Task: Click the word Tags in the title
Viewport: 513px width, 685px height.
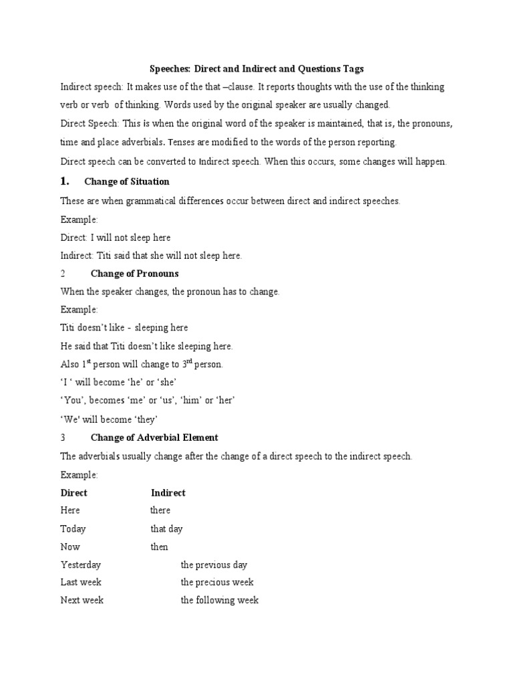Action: [x=352, y=69]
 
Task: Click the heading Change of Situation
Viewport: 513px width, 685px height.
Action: [x=127, y=182]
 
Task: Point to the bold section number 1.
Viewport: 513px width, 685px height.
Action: [x=65, y=181]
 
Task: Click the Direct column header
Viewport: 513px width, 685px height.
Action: [x=74, y=492]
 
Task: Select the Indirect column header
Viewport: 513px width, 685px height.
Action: [x=168, y=492]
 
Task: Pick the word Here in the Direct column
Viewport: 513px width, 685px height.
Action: [x=70, y=510]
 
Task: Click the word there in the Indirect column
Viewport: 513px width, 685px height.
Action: [x=160, y=510]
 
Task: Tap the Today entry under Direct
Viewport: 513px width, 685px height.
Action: [x=73, y=528]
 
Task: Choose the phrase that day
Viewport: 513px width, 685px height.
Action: [x=167, y=528]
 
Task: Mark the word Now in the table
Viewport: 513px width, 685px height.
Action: [x=70, y=547]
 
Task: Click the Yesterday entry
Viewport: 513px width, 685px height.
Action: [x=81, y=565]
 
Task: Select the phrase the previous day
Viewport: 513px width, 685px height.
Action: [x=214, y=565]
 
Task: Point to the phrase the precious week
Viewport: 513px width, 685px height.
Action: [x=217, y=582]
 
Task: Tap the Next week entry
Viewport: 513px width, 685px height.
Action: [x=82, y=600]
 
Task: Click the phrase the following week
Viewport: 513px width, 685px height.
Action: [x=220, y=600]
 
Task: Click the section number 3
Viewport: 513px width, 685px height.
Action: [x=63, y=437]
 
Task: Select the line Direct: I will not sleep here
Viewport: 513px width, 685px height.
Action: [x=116, y=237]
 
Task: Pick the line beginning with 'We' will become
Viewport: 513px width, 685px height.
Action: [x=109, y=419]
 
